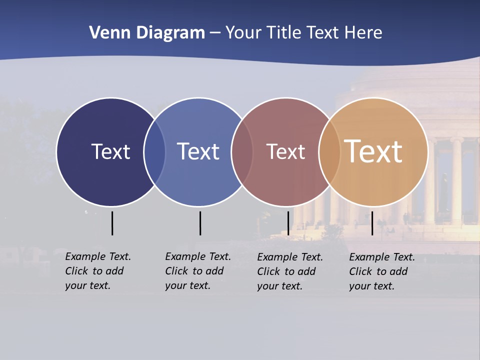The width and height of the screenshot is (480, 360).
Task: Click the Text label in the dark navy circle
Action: (110, 151)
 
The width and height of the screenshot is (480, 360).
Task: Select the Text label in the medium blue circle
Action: (198, 151)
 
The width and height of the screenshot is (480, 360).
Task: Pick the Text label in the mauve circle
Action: (285, 151)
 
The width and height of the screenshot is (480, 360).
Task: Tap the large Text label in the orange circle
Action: (373, 151)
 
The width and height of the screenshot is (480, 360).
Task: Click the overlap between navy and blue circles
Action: (154, 152)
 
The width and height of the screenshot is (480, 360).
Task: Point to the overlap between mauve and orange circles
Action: (329, 152)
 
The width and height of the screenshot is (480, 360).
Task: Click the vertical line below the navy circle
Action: (112, 223)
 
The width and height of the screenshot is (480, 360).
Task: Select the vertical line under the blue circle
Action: (200, 223)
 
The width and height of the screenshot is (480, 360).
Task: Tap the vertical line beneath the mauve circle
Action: (288, 223)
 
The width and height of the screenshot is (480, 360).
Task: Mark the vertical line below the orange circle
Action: (372, 223)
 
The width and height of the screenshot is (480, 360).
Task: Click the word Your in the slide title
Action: (243, 32)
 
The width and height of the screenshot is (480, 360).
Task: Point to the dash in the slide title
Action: (215, 33)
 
